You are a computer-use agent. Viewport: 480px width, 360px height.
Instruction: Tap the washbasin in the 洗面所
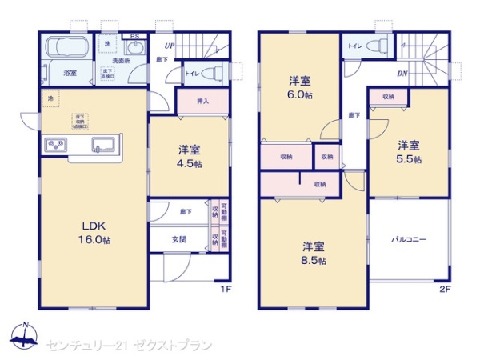134,47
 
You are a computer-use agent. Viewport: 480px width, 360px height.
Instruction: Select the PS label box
134,36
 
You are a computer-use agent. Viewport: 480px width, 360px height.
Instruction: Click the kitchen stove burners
57,146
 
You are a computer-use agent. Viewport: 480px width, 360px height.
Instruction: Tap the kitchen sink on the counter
105,146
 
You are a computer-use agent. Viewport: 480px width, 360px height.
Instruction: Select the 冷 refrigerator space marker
50,98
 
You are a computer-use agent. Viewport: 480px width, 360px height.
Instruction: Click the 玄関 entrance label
179,239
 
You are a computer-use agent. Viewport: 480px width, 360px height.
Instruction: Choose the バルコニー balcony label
408,239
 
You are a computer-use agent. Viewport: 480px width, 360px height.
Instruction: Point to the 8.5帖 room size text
314,261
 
